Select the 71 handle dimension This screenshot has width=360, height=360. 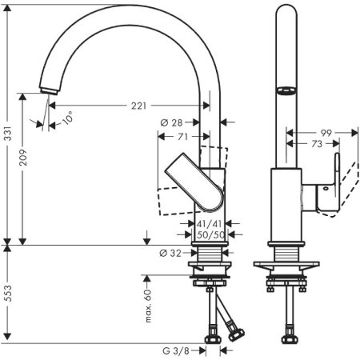tap(183, 138)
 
